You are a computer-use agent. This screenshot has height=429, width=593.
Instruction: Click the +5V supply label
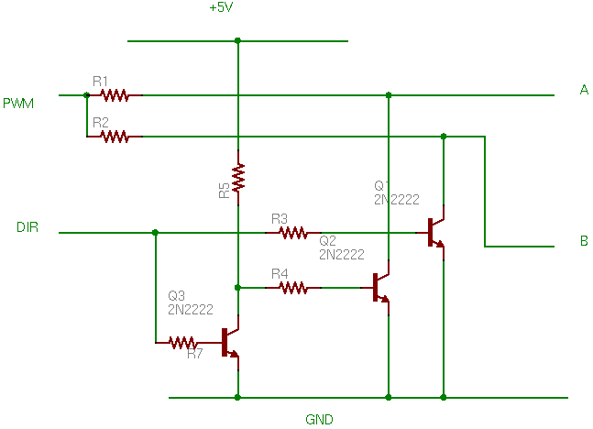221,7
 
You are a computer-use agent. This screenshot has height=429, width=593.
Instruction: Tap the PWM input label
18,104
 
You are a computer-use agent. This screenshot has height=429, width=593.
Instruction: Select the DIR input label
27,227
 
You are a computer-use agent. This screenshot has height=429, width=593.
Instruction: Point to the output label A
584,90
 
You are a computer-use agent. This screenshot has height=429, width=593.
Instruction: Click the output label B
584,240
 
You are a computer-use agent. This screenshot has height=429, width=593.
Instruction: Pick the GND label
319,419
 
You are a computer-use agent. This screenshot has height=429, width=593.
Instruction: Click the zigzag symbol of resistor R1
115,95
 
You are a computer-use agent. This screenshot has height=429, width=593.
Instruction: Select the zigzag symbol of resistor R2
115,137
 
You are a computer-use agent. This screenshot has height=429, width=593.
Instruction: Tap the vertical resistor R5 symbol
238,178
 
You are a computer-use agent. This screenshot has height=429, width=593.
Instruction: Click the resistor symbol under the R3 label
293,233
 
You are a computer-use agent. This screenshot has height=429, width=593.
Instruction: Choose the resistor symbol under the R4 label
293,288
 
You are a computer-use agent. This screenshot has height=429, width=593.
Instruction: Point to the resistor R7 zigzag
183,343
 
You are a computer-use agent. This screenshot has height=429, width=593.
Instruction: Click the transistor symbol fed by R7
231,343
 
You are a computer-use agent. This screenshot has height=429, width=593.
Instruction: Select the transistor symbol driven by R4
381,288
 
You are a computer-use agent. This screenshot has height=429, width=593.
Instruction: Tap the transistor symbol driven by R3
436,233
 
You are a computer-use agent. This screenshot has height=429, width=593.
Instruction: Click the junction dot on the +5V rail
237,40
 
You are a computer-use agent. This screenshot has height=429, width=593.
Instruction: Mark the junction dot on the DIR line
155,232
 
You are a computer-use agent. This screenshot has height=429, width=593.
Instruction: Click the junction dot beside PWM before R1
86,95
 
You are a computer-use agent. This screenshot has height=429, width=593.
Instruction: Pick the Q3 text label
176,295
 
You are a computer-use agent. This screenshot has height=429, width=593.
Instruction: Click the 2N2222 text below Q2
342,255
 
